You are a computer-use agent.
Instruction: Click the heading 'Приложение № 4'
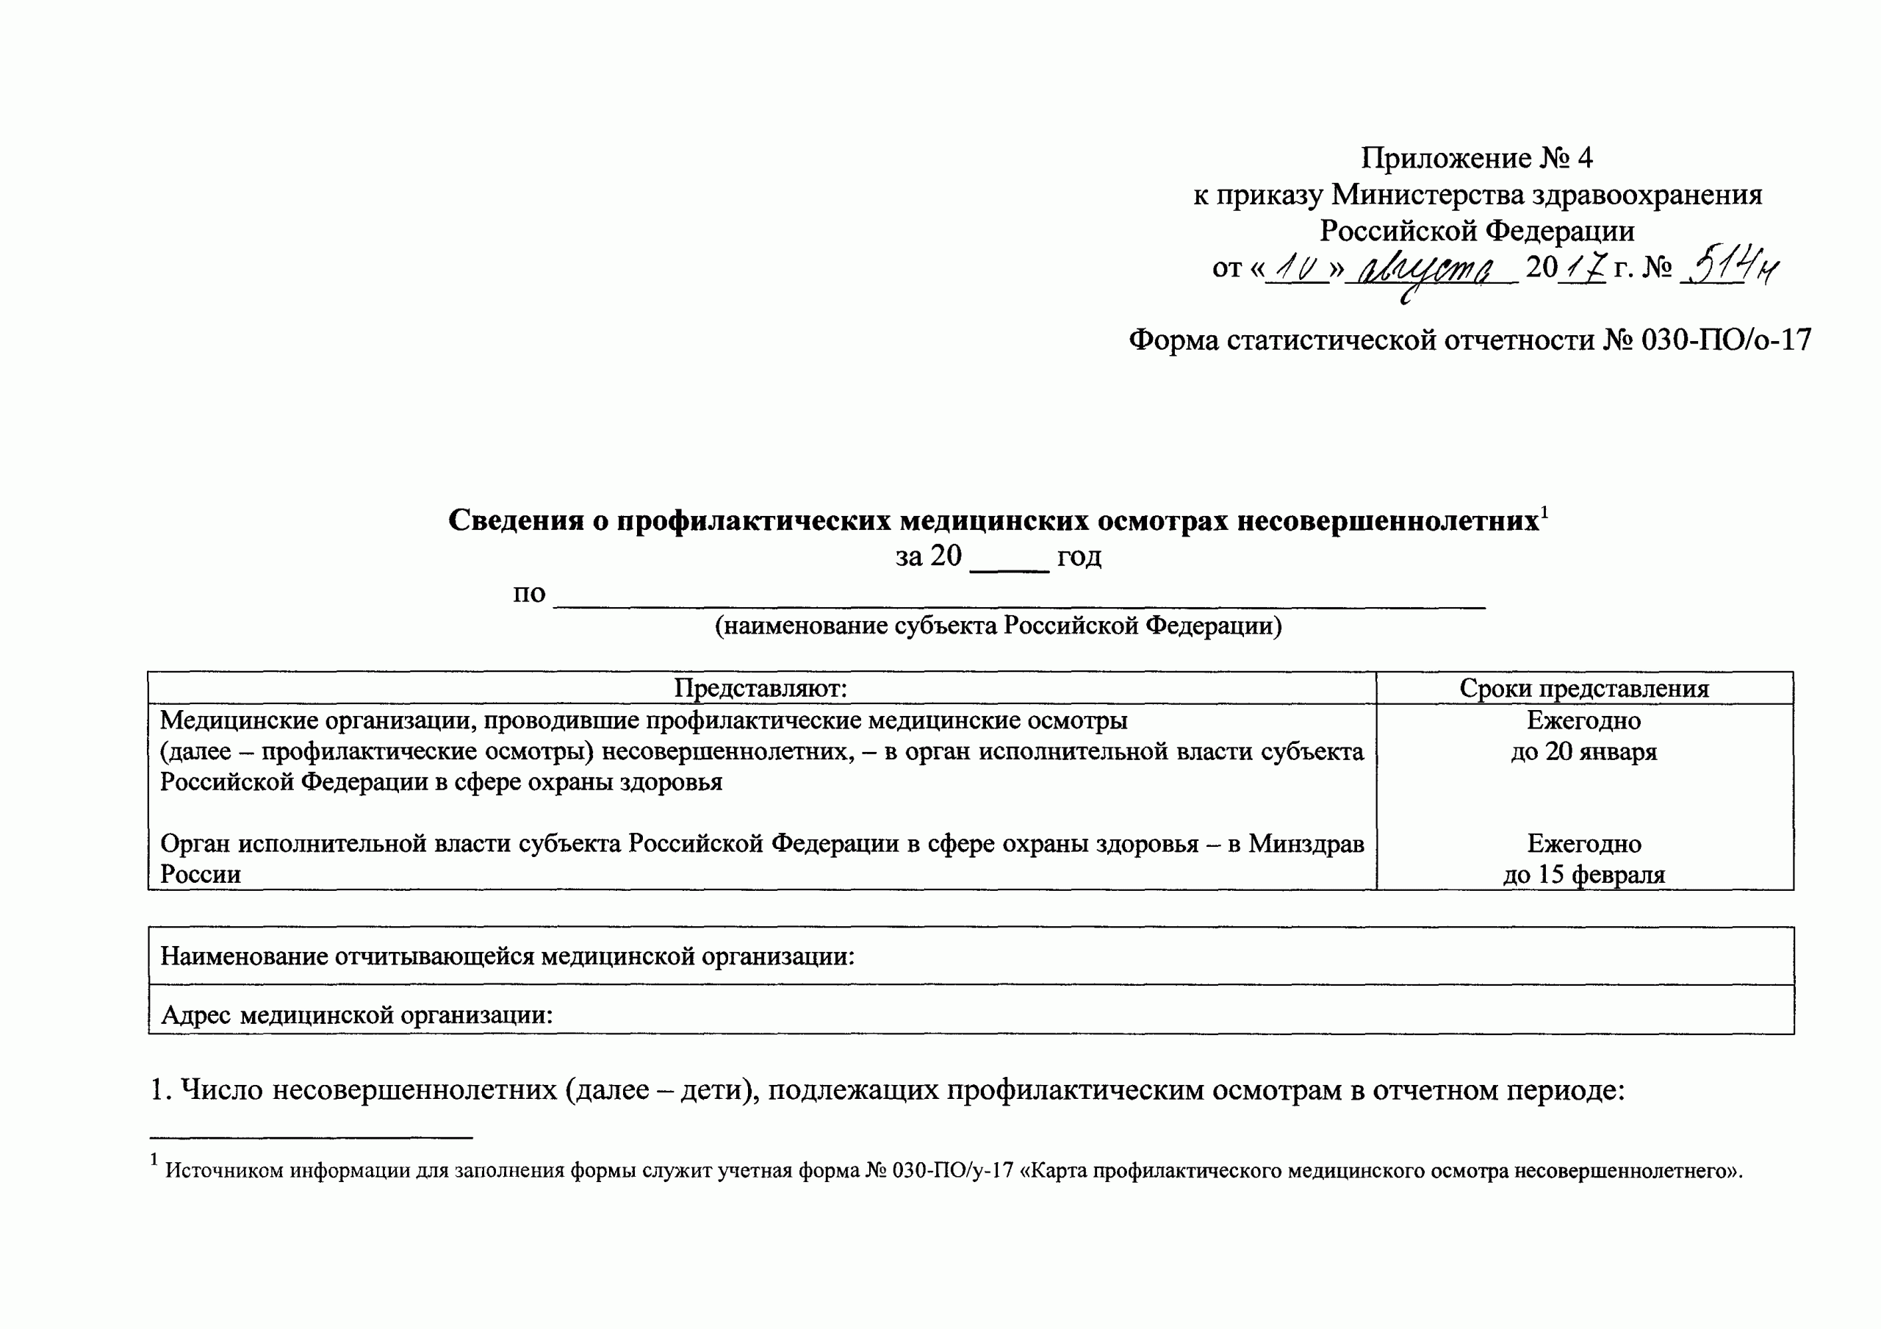pos(1476,157)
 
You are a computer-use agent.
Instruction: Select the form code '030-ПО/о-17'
pos(1726,339)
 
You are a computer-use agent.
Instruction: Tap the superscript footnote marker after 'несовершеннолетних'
pos(1544,513)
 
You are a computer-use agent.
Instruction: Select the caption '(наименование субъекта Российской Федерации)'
pos(998,626)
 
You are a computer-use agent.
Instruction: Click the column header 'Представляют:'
pos(760,688)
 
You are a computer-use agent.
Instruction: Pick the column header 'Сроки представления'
pos(1583,688)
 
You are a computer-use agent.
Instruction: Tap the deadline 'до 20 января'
pos(1583,751)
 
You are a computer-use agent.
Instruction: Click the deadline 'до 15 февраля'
pos(1583,874)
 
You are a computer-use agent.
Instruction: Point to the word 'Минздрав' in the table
pos(1306,843)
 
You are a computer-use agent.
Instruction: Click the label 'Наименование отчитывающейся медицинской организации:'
pos(507,956)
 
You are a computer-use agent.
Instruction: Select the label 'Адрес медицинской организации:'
pos(356,1015)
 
